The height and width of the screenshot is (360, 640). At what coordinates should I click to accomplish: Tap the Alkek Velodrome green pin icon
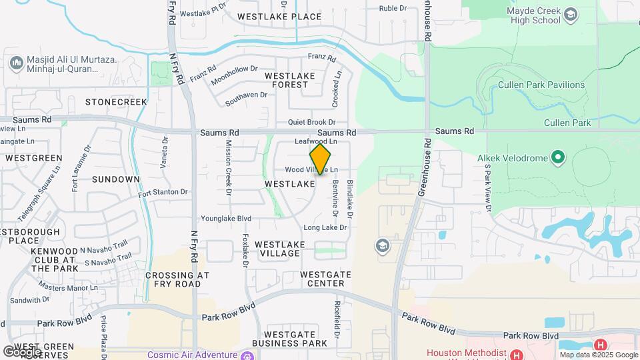[x=558, y=158]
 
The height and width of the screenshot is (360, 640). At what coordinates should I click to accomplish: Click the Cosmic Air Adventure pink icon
[x=247, y=355]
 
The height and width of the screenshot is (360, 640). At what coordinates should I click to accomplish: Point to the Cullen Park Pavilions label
[x=541, y=85]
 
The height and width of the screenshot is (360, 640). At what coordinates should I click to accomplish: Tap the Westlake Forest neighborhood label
[x=287, y=80]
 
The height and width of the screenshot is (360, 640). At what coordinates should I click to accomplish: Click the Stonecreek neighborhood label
[x=116, y=102]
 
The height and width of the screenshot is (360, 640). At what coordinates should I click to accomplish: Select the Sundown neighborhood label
[x=116, y=179]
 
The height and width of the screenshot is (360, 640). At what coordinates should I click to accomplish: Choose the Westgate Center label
[x=322, y=279]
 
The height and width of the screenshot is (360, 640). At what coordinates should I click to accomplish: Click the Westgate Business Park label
[x=295, y=338]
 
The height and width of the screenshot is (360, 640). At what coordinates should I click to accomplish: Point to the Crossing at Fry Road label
[x=177, y=279]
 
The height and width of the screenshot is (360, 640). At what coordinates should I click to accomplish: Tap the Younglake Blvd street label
[x=227, y=219]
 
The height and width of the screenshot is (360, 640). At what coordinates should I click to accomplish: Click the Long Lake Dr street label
[x=325, y=228]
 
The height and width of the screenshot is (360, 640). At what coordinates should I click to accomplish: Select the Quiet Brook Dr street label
[x=311, y=123]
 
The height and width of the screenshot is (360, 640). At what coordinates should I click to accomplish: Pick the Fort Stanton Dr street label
[x=163, y=193]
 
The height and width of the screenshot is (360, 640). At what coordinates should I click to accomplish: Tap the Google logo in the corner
[x=22, y=351]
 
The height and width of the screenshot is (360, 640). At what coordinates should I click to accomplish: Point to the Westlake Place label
[x=270, y=16]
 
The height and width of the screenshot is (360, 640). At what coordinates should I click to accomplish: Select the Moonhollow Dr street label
[x=234, y=75]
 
